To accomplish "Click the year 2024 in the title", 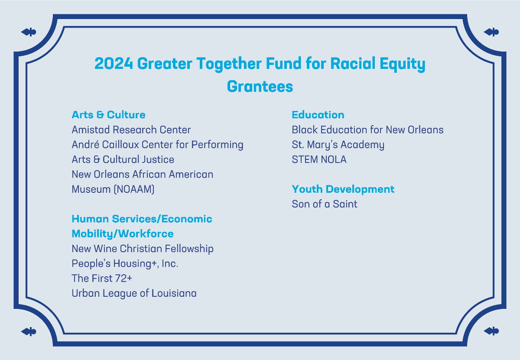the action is (114, 63).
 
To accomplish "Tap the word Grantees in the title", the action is (260, 86).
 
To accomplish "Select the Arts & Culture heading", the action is (109, 115).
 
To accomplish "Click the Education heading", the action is (318, 115).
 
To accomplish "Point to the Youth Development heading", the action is (343, 189).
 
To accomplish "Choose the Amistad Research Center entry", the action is (131, 130).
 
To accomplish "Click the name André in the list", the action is (85, 144).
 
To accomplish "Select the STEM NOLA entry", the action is (319, 159).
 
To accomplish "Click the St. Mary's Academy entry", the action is (338, 145).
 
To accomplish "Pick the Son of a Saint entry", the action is (325, 204).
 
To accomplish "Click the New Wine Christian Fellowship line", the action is (143, 249).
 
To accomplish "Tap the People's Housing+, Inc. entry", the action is (125, 264).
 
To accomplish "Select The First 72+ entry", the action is (102, 278).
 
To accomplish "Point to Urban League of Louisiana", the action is (134, 293).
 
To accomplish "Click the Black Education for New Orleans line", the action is (368, 130).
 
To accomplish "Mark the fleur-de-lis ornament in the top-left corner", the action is (29, 32).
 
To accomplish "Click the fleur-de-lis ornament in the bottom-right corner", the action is (491, 331).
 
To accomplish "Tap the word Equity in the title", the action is (403, 64).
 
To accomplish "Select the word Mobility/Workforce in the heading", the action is (123, 234).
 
